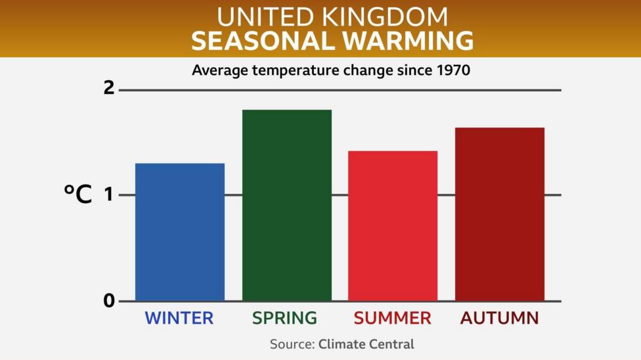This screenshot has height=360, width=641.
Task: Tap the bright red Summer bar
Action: coord(393,226)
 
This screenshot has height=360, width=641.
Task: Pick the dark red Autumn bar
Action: coord(499,214)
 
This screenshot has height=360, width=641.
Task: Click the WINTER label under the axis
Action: coord(179,319)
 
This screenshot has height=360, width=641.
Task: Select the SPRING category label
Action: coord(284,319)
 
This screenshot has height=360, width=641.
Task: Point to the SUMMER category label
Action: coord(392,319)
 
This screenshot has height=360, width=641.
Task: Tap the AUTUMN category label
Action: coord(499,319)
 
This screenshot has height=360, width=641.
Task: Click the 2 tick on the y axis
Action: coord(109,88)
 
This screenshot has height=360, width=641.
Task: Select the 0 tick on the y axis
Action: coord(109,301)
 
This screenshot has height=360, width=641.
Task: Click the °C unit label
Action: coord(77,194)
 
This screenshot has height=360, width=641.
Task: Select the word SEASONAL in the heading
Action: coord(260,41)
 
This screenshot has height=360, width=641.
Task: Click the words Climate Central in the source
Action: coord(366,344)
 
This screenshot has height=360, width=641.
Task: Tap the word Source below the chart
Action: coord(292,344)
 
